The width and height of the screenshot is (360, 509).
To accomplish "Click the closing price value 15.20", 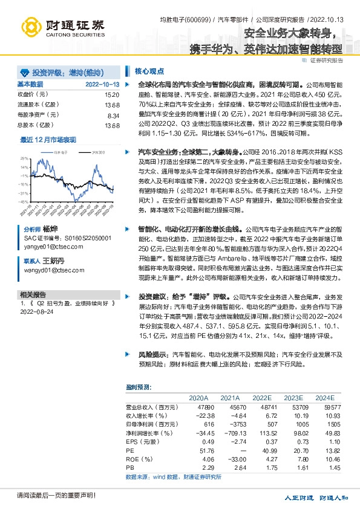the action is tap(112, 95).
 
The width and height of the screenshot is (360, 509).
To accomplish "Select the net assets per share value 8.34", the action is tap(113, 115).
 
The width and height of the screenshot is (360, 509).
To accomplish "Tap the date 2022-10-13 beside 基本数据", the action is tap(102, 84).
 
